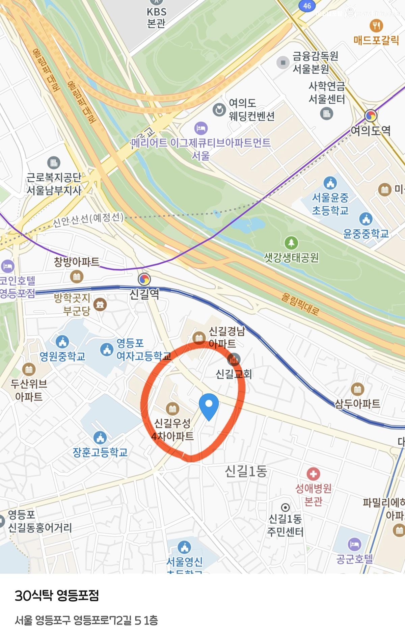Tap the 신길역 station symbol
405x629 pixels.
pyautogui.click(x=144, y=279)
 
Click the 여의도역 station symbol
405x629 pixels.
pyautogui.click(x=371, y=116)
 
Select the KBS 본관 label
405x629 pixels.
pyautogui.click(x=157, y=18)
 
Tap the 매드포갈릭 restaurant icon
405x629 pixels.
pyautogui.click(x=376, y=25)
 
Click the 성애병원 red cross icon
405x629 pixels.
pyautogui.click(x=313, y=474)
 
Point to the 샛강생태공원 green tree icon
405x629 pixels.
pyautogui.click(x=291, y=242)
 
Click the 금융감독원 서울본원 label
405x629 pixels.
pyautogui.click(x=315, y=62)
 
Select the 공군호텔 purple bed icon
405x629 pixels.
pyautogui.click(x=354, y=544)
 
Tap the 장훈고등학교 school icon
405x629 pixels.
pyautogui.click(x=100, y=438)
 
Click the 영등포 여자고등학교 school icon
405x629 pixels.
pyautogui.click(x=107, y=349)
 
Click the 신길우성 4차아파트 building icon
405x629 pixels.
pyautogui.click(x=173, y=409)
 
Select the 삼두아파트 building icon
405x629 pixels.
pyautogui.click(x=357, y=389)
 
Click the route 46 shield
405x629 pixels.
pyautogui.click(x=307, y=6)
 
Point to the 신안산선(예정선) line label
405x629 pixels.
pyautogui.click(x=88, y=219)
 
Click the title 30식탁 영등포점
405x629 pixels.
pyautogui.click(x=57, y=596)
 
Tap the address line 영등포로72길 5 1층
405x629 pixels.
pyautogui.click(x=86, y=620)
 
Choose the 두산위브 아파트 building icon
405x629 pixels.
pyautogui.click(x=29, y=369)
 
